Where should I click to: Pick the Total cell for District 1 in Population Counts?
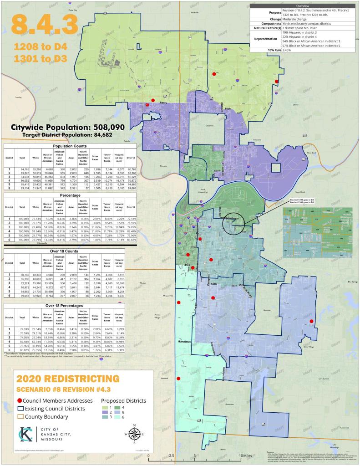click(21, 169)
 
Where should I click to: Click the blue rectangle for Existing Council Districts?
click(20, 408)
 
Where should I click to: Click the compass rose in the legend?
click(135, 434)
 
